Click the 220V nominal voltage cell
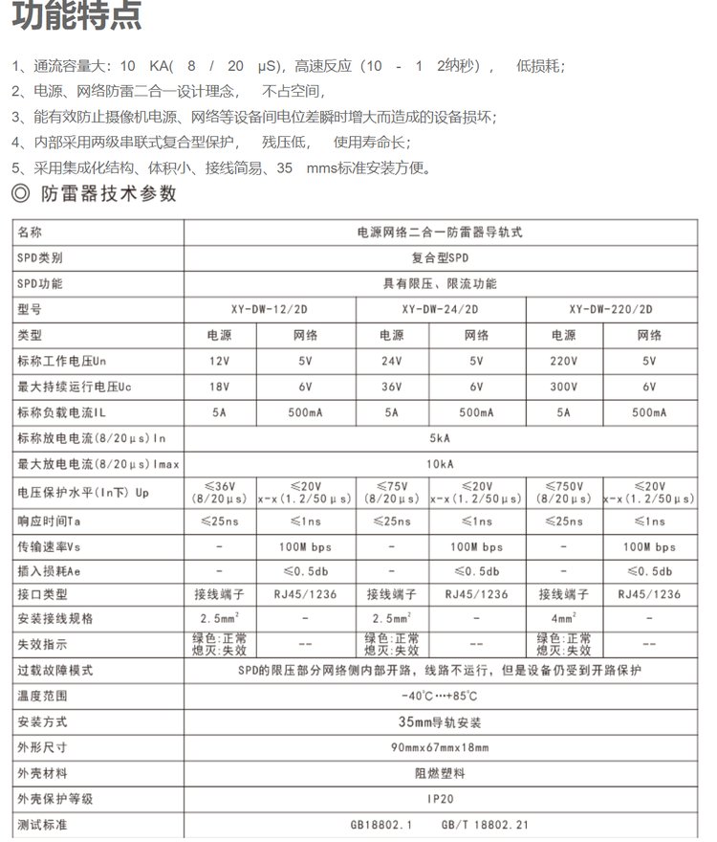[x=563, y=361]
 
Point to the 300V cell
[x=563, y=387]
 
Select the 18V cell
[x=220, y=387]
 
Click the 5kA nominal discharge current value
[x=441, y=438]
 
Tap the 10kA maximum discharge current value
[x=441, y=465]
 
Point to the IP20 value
[x=441, y=798]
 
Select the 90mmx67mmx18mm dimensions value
[x=441, y=746]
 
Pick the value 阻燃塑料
[x=441, y=772]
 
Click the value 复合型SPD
[x=441, y=258]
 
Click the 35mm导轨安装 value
[x=441, y=721]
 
